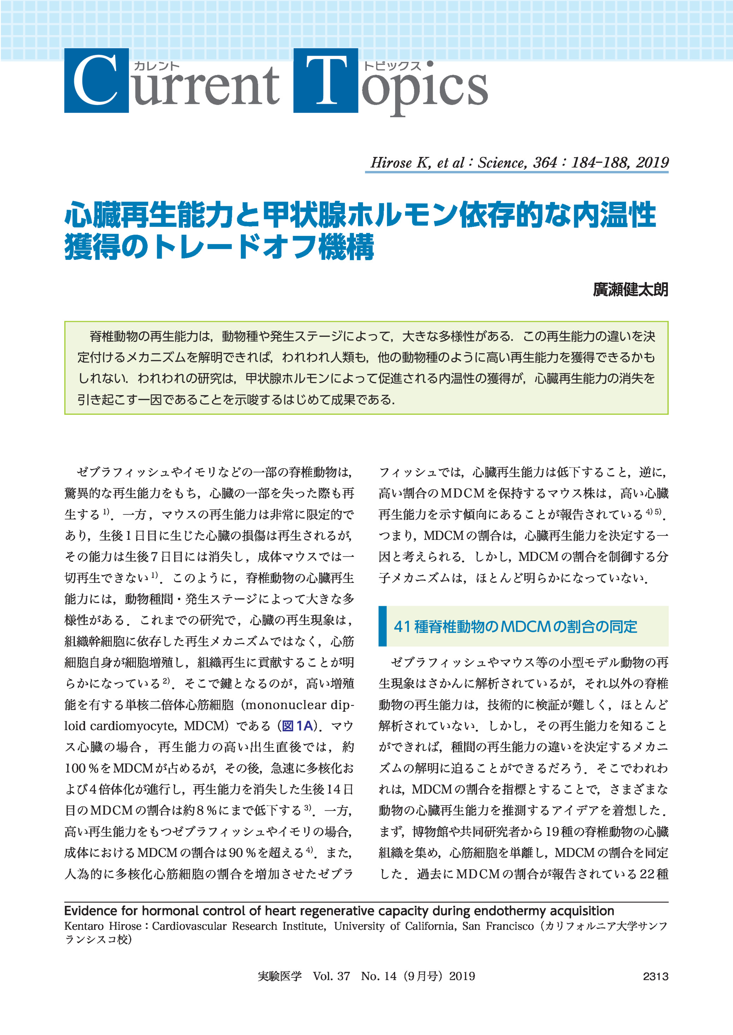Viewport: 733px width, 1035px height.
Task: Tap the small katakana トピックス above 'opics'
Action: point(392,66)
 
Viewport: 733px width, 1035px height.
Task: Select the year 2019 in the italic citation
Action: point(652,162)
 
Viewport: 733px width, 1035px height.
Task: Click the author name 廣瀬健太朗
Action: point(630,289)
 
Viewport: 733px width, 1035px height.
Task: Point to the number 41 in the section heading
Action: point(402,626)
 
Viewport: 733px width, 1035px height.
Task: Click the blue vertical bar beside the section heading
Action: point(383,626)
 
